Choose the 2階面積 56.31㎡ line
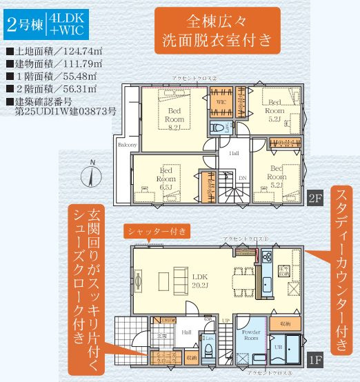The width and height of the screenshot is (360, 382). (x=52, y=90)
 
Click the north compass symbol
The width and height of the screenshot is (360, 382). (x=91, y=176)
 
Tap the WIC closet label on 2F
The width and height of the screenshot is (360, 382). (x=221, y=102)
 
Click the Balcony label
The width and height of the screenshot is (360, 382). (x=126, y=145)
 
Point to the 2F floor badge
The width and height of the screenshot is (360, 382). (x=315, y=200)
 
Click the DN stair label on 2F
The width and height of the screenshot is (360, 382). (x=242, y=177)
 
